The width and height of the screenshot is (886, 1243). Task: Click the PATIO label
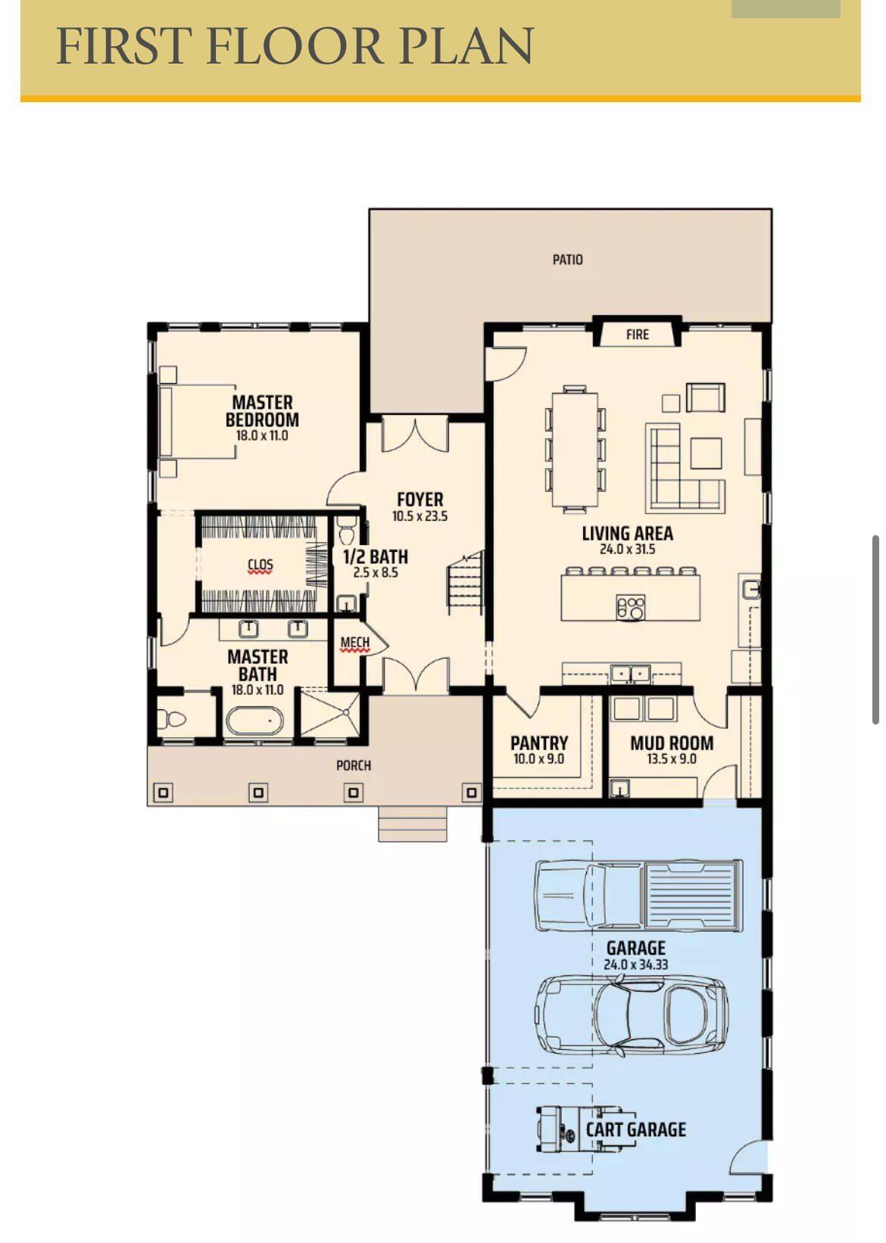click(x=567, y=260)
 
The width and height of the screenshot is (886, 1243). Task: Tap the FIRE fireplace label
click(x=637, y=334)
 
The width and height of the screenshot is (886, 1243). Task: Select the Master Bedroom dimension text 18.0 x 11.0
click(x=261, y=436)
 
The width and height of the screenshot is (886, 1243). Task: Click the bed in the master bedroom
click(x=198, y=422)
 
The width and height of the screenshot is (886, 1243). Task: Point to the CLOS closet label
click(x=260, y=565)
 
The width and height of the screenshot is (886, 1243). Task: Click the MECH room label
click(x=355, y=643)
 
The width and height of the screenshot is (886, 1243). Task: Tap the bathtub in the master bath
click(x=254, y=721)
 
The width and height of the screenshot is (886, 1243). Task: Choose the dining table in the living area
click(x=575, y=448)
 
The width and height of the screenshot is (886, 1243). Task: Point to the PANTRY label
click(x=538, y=743)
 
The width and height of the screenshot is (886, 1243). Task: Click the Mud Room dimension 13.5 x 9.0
click(x=671, y=759)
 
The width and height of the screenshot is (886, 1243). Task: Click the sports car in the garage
click(x=631, y=1014)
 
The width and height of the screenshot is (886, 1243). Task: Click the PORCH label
click(x=354, y=765)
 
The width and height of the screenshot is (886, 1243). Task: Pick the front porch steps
click(x=412, y=824)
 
